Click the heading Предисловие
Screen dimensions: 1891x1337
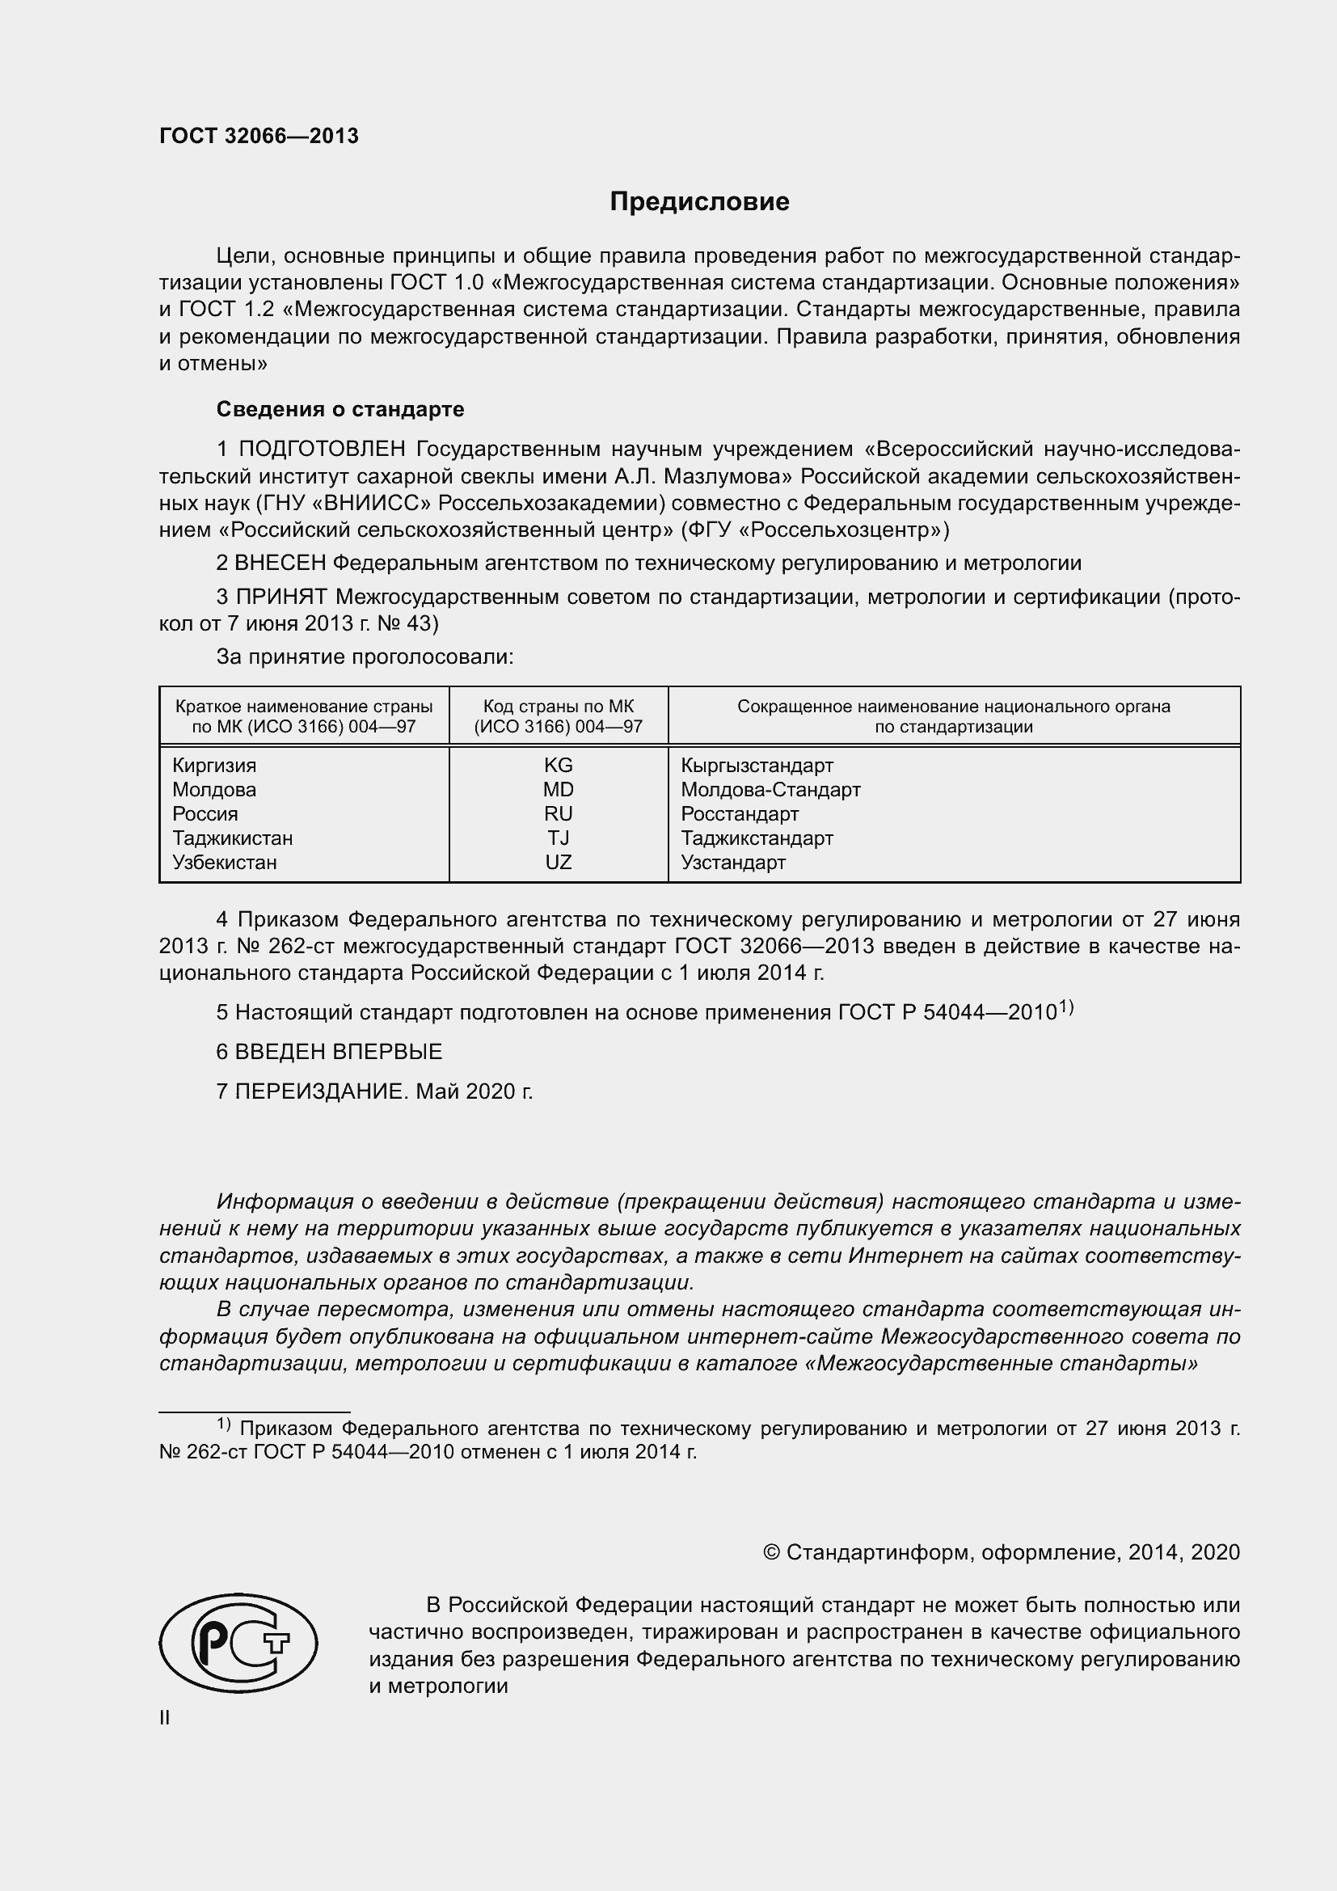pos(699,202)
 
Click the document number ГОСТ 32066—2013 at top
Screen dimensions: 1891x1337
pos(259,137)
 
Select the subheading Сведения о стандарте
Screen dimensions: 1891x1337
pos(340,409)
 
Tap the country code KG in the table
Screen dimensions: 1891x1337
pos(559,765)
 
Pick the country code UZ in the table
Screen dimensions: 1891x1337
pos(559,863)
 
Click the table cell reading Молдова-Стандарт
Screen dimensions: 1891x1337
pos(770,790)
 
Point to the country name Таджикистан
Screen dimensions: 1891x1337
pos(232,838)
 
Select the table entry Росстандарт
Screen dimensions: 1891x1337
pos(740,814)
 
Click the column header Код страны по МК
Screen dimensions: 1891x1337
pos(559,707)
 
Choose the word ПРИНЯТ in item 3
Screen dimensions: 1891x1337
pos(281,597)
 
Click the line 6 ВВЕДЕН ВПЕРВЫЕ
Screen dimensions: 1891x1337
pos(329,1052)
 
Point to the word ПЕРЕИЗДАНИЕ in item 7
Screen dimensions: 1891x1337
pos(321,1091)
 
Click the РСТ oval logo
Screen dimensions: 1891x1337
pos(238,1643)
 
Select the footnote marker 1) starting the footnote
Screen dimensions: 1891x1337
pos(223,1424)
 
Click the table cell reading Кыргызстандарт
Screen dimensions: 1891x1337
pos(757,765)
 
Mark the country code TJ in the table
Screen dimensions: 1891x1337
pos(559,838)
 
